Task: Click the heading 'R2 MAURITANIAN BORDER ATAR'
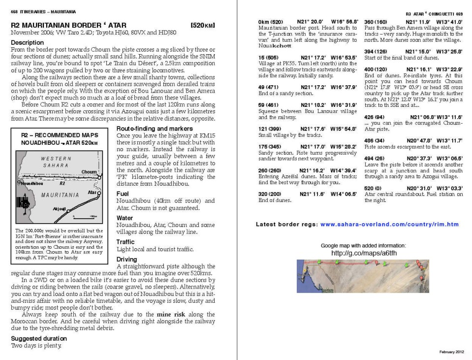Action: [68, 25]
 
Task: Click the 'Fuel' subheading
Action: [123, 194]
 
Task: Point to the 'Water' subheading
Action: [125, 218]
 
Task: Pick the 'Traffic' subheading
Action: [126, 242]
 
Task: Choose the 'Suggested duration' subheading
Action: [39, 338]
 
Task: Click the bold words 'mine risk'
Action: [171, 314]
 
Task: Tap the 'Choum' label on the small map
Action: [89, 172]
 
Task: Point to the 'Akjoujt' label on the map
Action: [59, 209]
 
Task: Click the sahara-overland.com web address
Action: [389, 225]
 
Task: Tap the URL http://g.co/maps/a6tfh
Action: [364, 253]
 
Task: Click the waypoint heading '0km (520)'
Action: [271, 22]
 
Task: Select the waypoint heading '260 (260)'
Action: [270, 170]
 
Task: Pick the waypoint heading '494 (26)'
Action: [374, 158]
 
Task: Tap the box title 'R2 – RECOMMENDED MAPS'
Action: [60, 135]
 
